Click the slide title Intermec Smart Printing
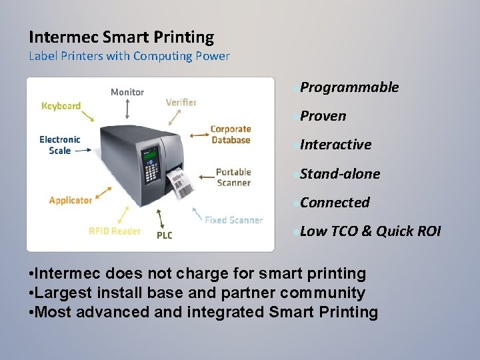121,37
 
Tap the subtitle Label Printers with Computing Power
129,56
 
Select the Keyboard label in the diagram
61,105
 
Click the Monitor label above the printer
127,92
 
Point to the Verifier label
181,102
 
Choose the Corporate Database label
231,135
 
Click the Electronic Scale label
59,145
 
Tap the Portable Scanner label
233,177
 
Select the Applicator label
71,201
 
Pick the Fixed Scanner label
233,220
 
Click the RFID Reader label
115,231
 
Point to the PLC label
164,235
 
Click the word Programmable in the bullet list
349,87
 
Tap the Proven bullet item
323,116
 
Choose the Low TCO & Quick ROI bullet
370,231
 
